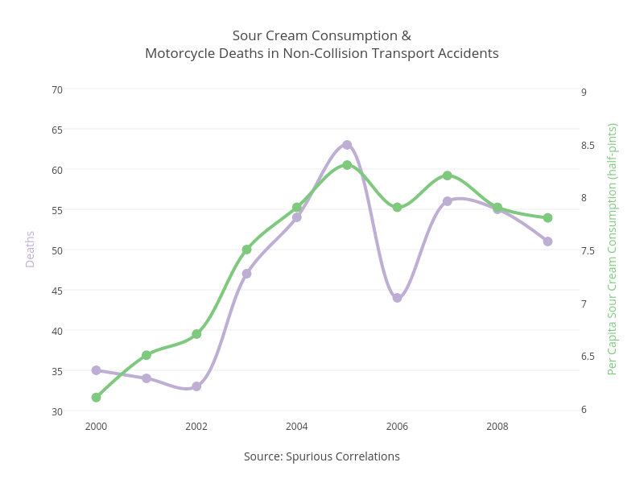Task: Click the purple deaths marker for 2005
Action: pos(347,145)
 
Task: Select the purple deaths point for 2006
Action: pos(397,298)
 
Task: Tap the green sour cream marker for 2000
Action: pos(96,398)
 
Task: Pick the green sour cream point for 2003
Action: pos(246,250)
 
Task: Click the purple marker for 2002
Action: pos(196,386)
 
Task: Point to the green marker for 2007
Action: pos(447,175)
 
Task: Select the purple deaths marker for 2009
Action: pos(547,242)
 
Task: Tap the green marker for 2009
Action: pos(547,217)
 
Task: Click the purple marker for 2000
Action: pos(96,370)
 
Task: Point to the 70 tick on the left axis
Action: pos(57,89)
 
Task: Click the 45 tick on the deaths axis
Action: pos(57,291)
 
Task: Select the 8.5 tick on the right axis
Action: pos(588,145)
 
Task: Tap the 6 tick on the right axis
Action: pos(584,410)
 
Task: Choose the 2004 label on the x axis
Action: pos(296,427)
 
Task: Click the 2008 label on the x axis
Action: pos(497,427)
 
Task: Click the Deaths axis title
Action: pos(30,249)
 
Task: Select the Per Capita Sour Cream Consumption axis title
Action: pos(613,249)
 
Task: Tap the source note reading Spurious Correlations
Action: pos(322,456)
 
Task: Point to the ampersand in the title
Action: pos(407,36)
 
